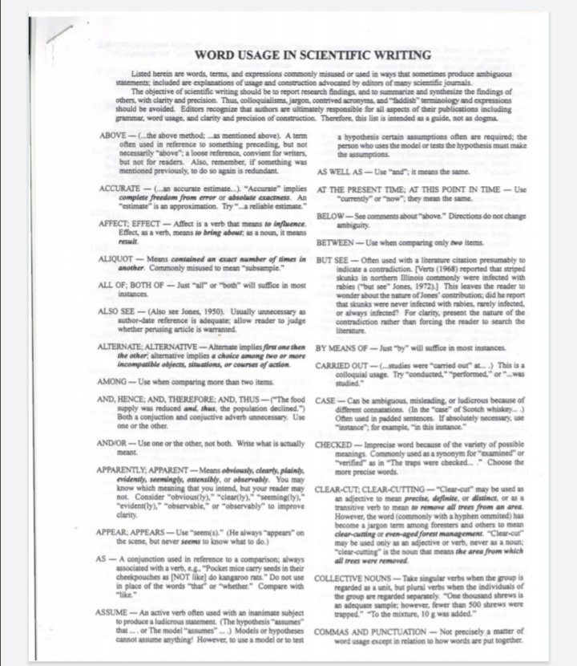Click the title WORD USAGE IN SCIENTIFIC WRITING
point(313,55)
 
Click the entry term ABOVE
point(111,132)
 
